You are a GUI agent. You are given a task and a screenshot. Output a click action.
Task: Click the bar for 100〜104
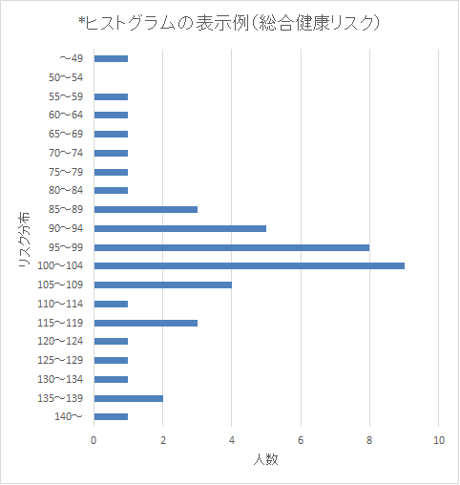click(x=249, y=265)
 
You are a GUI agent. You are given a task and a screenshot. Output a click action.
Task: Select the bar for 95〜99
click(x=232, y=247)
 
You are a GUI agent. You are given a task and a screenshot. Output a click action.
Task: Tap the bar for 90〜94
click(x=180, y=228)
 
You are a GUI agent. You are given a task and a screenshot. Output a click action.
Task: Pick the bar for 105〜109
click(x=163, y=285)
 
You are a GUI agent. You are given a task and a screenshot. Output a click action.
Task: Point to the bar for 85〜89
click(x=146, y=209)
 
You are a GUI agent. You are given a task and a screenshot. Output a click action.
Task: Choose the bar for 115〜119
click(x=146, y=323)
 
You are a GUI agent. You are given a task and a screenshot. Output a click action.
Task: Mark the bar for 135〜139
click(x=129, y=398)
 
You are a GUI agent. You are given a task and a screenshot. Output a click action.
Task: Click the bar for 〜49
click(x=111, y=58)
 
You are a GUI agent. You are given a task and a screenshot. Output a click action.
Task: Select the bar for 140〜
click(x=111, y=416)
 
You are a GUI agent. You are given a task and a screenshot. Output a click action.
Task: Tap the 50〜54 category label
click(x=66, y=77)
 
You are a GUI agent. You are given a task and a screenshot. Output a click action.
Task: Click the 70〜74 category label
click(x=66, y=153)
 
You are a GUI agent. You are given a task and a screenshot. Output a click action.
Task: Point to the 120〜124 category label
click(x=60, y=341)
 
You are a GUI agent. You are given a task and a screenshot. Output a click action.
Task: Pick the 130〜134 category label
click(x=60, y=379)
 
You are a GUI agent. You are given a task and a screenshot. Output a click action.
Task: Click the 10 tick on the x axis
click(x=439, y=440)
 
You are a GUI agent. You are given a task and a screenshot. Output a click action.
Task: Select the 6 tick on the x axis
click(x=301, y=440)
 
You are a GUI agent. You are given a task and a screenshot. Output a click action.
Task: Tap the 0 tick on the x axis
click(x=94, y=440)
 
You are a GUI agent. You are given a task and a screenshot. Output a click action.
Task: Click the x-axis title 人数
click(x=266, y=459)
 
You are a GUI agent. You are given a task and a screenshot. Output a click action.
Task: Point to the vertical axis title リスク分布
click(x=24, y=239)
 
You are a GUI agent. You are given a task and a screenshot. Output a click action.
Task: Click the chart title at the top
click(x=229, y=23)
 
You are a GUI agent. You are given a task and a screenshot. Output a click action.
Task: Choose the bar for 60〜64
click(x=111, y=115)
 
